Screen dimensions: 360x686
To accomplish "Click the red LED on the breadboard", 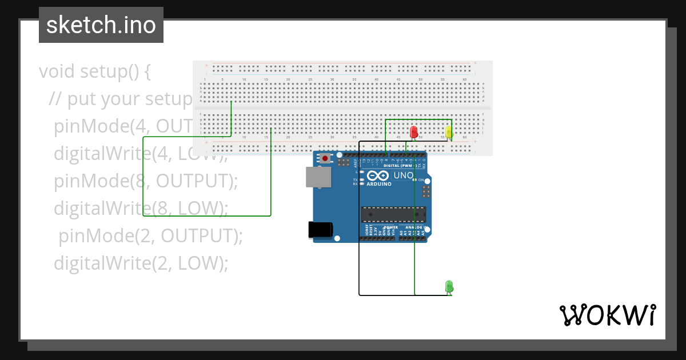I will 414,132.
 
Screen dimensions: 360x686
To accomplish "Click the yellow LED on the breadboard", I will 449,133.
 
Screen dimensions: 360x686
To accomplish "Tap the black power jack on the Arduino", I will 320,229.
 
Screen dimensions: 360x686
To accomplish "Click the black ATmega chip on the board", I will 393,214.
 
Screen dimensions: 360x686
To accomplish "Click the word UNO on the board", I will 403,175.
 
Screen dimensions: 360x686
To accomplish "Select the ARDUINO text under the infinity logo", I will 379,184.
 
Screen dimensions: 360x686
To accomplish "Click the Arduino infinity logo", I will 378,176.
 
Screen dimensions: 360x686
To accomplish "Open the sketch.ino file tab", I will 101,25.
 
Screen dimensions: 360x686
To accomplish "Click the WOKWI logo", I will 607,315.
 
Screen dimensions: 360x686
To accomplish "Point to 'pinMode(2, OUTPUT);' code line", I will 150,235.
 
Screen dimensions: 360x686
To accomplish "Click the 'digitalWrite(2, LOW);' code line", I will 141,263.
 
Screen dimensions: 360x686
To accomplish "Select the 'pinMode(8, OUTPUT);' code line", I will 146,181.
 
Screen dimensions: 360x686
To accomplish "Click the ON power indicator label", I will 420,180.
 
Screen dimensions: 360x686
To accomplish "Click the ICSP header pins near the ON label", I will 426,191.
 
